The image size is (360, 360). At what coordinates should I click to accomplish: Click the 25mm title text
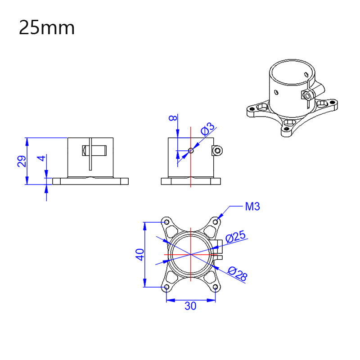[46, 28]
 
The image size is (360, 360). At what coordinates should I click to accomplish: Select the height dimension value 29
[21, 161]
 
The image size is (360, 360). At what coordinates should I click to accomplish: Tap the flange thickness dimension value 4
[41, 159]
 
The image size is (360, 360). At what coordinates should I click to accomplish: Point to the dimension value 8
[171, 118]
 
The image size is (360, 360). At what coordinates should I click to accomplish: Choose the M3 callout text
[252, 207]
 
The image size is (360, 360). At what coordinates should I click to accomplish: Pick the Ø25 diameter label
[235, 237]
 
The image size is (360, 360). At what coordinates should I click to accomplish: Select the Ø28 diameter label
[237, 274]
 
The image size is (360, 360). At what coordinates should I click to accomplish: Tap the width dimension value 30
[190, 306]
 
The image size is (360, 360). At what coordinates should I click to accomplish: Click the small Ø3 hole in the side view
[191, 151]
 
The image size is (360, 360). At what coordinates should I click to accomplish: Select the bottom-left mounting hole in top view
[166, 287]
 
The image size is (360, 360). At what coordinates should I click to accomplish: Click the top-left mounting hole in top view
[166, 222]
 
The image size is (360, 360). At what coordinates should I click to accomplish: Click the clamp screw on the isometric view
[308, 95]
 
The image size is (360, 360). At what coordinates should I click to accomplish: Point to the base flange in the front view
[90, 181]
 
